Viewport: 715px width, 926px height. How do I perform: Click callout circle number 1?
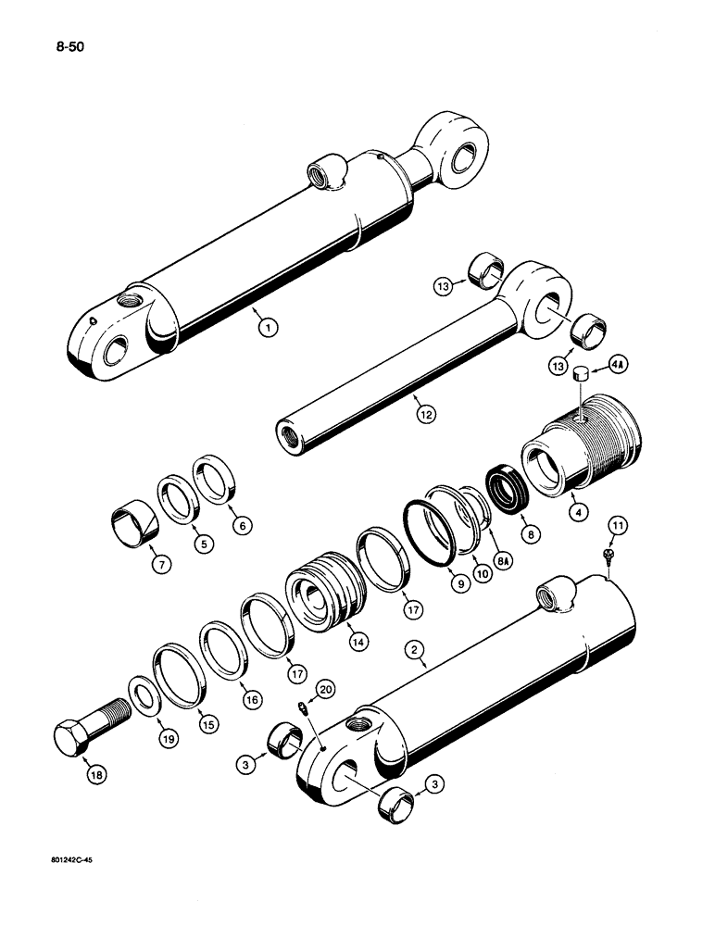pyautogui.click(x=267, y=326)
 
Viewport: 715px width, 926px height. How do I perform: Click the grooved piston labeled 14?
pyautogui.click(x=320, y=592)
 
